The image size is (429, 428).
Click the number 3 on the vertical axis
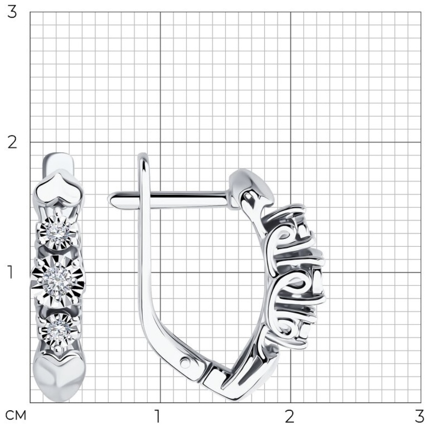(x=12, y=13)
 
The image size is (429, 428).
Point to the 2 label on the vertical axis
(x=12, y=143)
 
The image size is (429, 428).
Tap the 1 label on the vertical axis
(x=10, y=272)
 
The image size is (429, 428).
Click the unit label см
(x=16, y=416)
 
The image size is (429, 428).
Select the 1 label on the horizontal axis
(x=157, y=416)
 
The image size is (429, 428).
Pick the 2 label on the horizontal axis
(x=290, y=416)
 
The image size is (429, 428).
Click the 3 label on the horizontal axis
(x=419, y=416)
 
